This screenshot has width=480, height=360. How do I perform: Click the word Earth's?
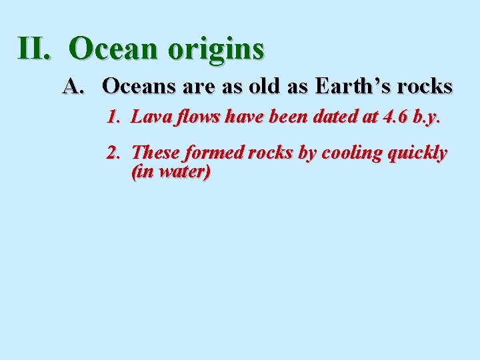[354, 86]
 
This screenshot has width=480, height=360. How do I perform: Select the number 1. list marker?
[113, 118]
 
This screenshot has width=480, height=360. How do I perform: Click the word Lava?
[149, 118]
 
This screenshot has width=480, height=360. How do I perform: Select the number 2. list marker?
[113, 153]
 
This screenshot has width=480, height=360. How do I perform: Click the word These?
[156, 153]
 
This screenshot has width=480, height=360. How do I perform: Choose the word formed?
[214, 153]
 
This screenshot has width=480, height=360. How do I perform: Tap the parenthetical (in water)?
[171, 172]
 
